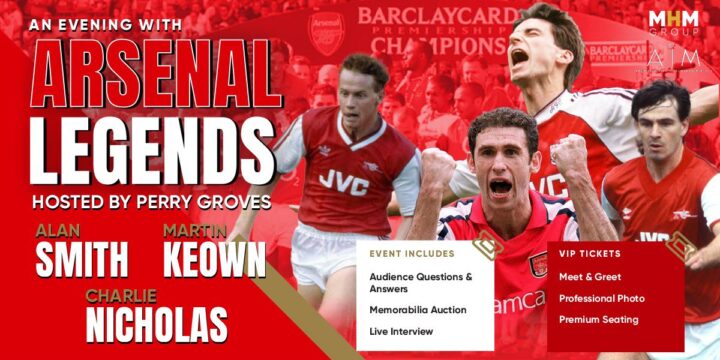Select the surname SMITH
point(82,259)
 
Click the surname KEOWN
point(214,259)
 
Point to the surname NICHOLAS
point(156,324)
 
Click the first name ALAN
point(58,232)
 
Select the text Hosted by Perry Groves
point(151,201)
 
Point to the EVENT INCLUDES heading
point(412,254)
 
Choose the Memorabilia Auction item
point(417,310)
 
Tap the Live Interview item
point(401,331)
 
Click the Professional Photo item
point(601,298)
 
